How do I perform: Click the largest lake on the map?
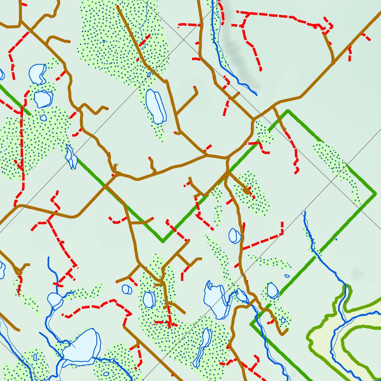(x=82, y=346)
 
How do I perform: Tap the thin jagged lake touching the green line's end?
(x=70, y=156)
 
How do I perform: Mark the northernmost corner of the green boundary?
(x=287, y=111)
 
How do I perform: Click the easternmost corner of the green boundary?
(x=375, y=193)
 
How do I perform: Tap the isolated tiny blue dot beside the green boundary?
(x=336, y=239)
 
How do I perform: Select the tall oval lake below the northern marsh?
(x=156, y=106)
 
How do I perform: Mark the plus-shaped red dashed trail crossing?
(x=170, y=322)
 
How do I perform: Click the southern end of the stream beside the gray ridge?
(x=256, y=93)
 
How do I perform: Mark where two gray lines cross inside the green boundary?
(x=331, y=181)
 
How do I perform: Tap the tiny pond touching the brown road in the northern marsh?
(x=149, y=75)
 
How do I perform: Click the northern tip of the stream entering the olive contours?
(x=305, y=212)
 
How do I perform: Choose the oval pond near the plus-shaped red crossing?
(x=149, y=299)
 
